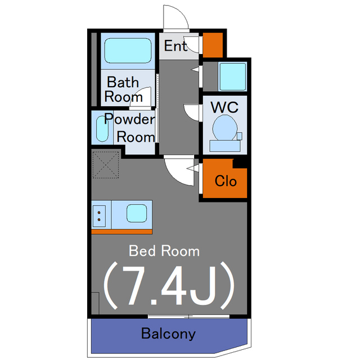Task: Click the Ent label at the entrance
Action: pyautogui.click(x=175, y=46)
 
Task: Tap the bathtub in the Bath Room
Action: pyautogui.click(x=128, y=51)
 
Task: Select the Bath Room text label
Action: pyautogui.click(x=123, y=89)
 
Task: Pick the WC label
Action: pyautogui.click(x=223, y=106)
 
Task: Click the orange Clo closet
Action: pyautogui.click(x=225, y=181)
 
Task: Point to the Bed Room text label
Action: pyautogui.click(x=164, y=250)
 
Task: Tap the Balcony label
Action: pyautogui.click(x=168, y=334)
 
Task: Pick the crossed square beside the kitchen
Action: pyautogui.click(x=106, y=165)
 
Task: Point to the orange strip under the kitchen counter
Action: pyautogui.click(x=121, y=231)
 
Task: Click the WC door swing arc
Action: pyautogui.click(x=192, y=112)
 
